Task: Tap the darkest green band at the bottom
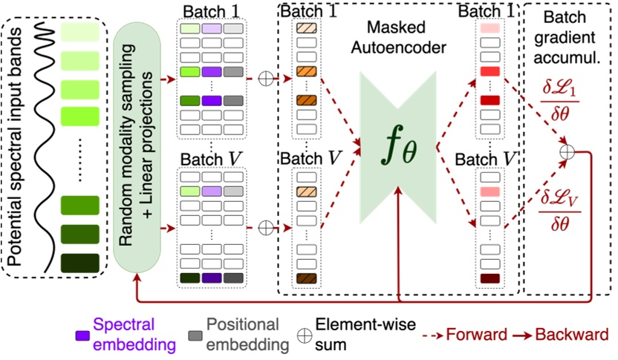click(81, 263)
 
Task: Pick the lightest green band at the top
click(81, 31)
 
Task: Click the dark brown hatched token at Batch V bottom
click(306, 279)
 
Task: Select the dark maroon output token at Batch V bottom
click(489, 279)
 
